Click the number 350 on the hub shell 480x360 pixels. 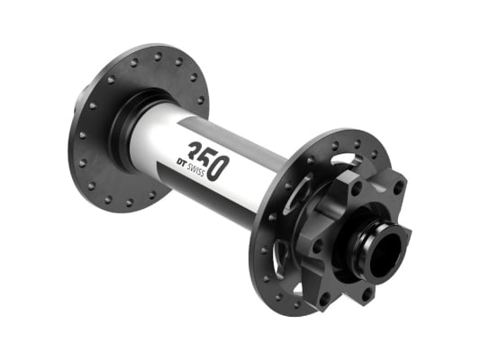click(205, 157)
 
